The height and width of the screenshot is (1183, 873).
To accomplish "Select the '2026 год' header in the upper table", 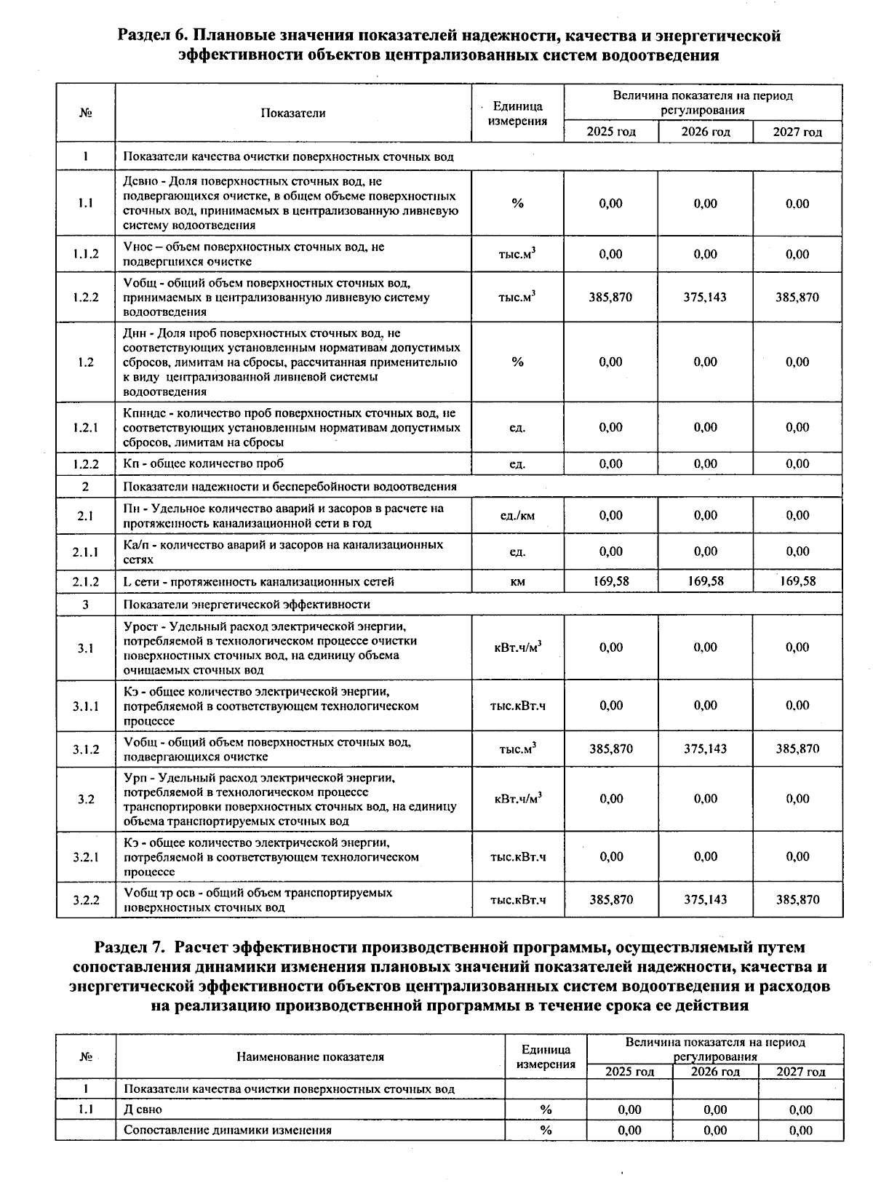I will pyautogui.click(x=705, y=132).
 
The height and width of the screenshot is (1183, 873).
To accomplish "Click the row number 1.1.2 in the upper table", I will pyautogui.click(x=85, y=254).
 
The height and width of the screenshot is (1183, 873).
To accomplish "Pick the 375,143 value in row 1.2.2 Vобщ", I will pyautogui.click(x=705, y=297).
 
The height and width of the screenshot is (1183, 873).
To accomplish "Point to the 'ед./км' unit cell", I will pyautogui.click(x=517, y=516).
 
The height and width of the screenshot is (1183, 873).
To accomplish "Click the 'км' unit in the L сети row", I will pyautogui.click(x=517, y=581).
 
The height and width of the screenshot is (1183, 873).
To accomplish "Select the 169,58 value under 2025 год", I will pyautogui.click(x=611, y=581).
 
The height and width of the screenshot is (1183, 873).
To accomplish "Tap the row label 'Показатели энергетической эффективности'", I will pyautogui.click(x=247, y=605).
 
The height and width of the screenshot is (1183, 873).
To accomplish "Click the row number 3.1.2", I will pyautogui.click(x=85, y=749).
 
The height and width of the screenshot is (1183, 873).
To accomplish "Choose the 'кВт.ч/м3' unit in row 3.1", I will pyautogui.click(x=517, y=648).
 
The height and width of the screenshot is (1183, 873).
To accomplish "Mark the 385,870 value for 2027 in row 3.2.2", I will pyautogui.click(x=797, y=899).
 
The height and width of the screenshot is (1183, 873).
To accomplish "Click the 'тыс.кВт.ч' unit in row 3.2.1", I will pyautogui.click(x=517, y=857).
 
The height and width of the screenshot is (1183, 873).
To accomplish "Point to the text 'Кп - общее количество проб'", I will pyautogui.click(x=204, y=463).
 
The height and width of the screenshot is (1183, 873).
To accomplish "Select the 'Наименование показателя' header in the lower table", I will pyautogui.click(x=310, y=1056).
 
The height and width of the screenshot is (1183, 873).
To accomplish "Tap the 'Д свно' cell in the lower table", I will pyautogui.click(x=143, y=1110).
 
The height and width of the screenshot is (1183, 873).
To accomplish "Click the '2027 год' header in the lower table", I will pyautogui.click(x=800, y=1072).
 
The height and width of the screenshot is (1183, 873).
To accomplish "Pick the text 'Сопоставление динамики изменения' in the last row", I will pyautogui.click(x=228, y=1130).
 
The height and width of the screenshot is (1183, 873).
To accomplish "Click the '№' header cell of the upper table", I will pyautogui.click(x=85, y=113).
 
